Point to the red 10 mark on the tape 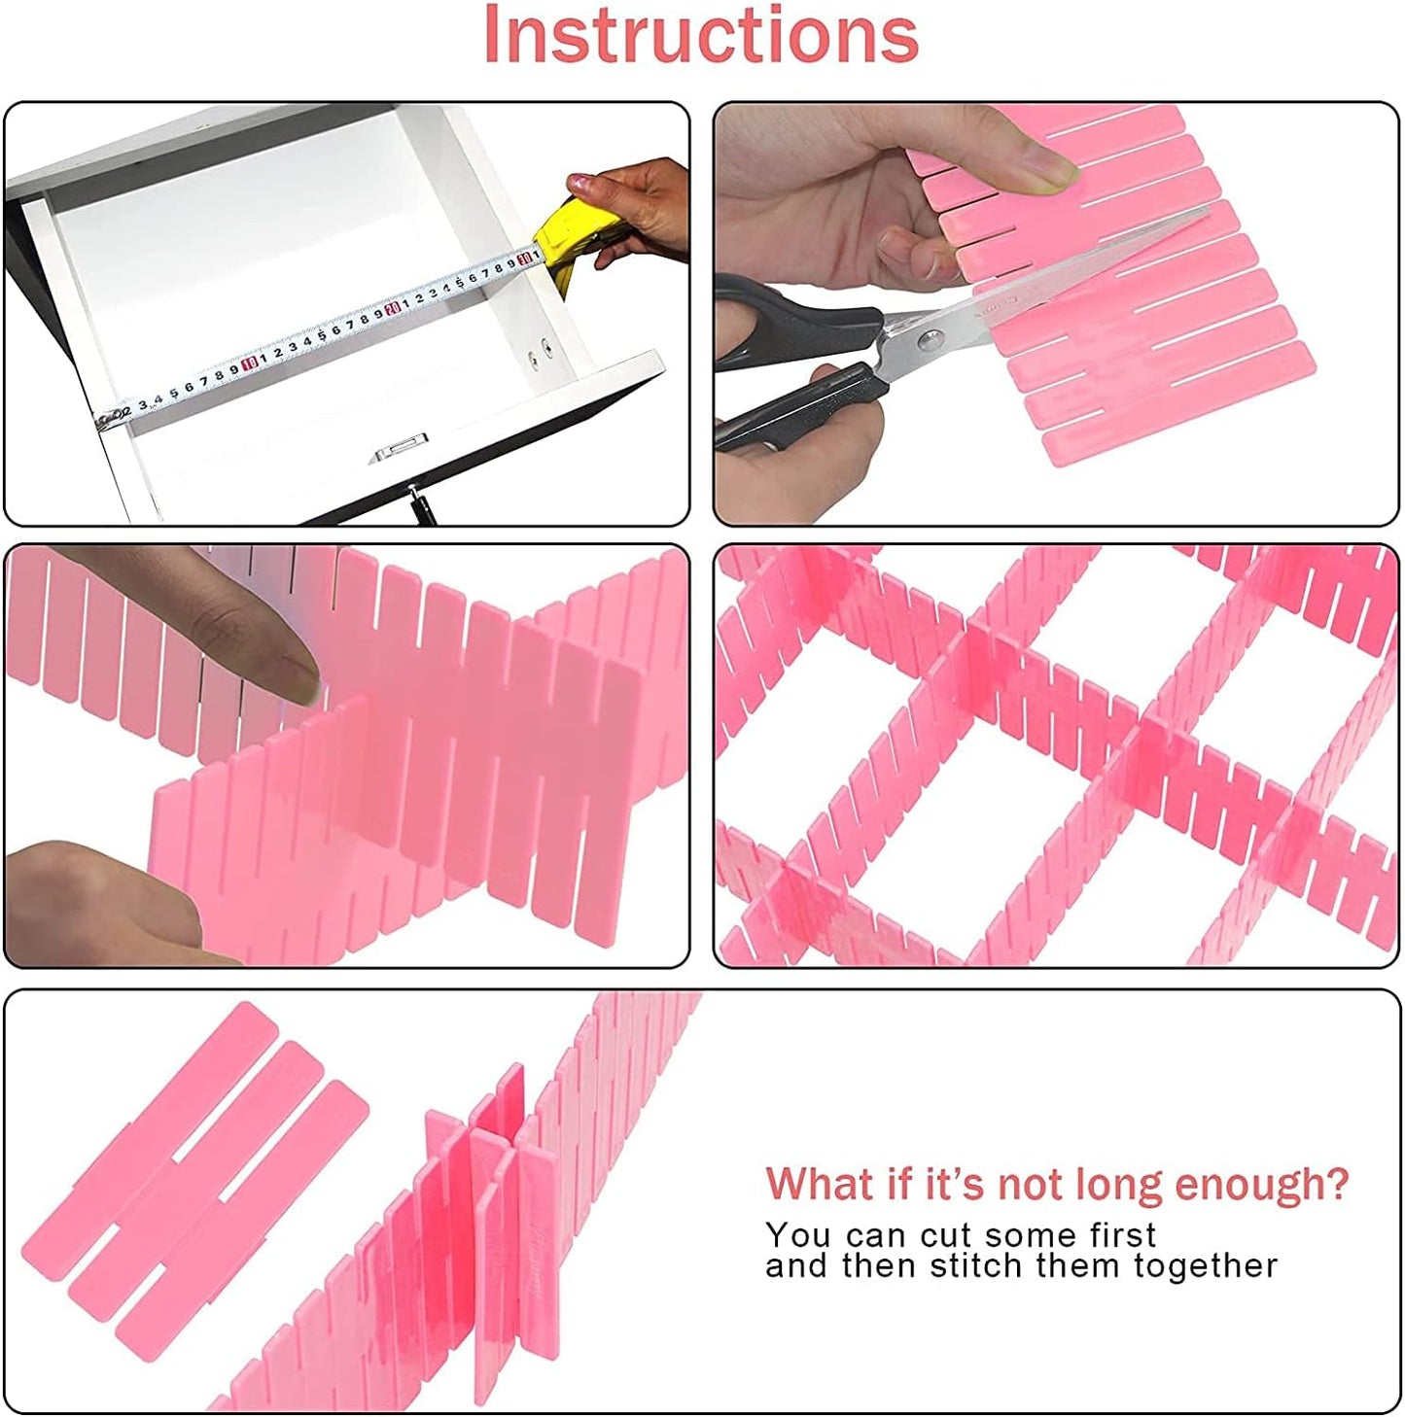249,362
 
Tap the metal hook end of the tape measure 101,418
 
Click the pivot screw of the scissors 931,337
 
